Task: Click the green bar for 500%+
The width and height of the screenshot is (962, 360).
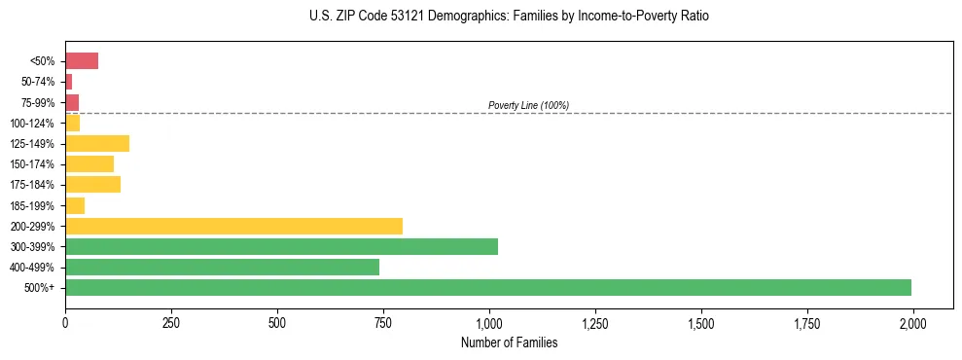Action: tap(487, 287)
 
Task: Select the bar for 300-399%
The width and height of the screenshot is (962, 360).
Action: tap(281, 246)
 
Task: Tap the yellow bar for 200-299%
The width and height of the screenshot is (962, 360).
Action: tap(233, 226)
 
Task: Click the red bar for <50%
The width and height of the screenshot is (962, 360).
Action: tap(82, 61)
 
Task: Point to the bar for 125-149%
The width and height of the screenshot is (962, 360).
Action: tap(97, 144)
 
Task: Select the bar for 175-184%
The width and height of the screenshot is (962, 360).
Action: tap(92, 185)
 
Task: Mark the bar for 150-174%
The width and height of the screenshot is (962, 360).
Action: tap(89, 164)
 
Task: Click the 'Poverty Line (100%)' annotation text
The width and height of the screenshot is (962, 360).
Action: tap(528, 105)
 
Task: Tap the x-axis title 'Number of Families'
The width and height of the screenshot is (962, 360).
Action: tap(509, 342)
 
